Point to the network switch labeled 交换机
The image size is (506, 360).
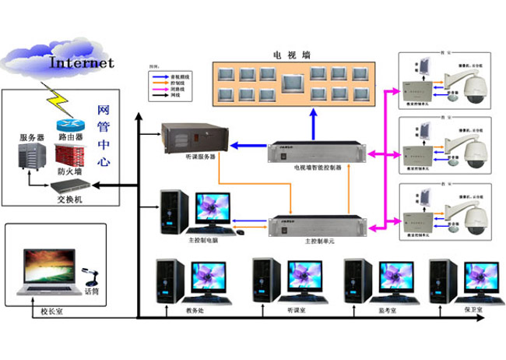pyautogui.click(x=69, y=186)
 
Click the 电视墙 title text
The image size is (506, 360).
pyautogui.click(x=290, y=55)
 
